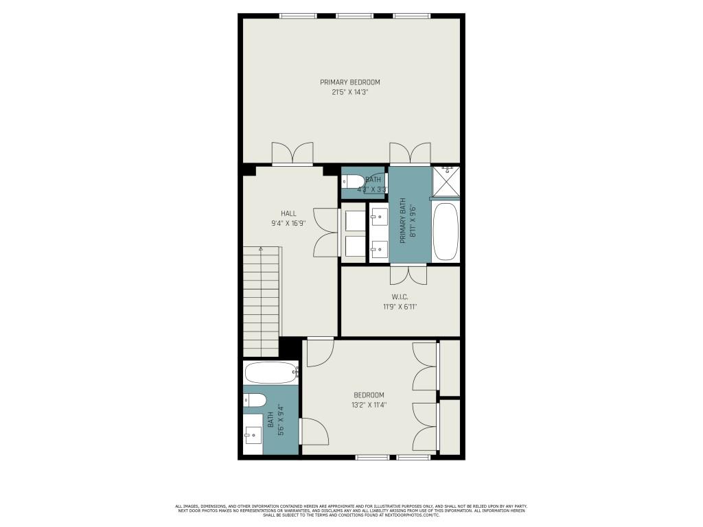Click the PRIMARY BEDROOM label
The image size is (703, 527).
[x=349, y=82]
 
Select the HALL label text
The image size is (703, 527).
[x=288, y=213]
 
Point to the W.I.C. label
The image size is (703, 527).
[x=400, y=297]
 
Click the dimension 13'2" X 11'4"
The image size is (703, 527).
[x=369, y=405]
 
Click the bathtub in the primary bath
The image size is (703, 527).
[x=446, y=231]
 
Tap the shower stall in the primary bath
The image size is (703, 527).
[x=446, y=182]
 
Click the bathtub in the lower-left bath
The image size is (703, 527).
[x=270, y=374]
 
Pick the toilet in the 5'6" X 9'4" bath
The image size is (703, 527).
[x=255, y=400]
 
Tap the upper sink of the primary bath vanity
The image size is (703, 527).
[x=378, y=218]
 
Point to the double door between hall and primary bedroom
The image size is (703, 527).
[x=292, y=154]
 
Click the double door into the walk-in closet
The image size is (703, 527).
[x=408, y=274]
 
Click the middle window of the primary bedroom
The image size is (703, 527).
[x=354, y=16]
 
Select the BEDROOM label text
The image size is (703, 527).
[x=369, y=395]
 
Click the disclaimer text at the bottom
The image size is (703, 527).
[x=351, y=510]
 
